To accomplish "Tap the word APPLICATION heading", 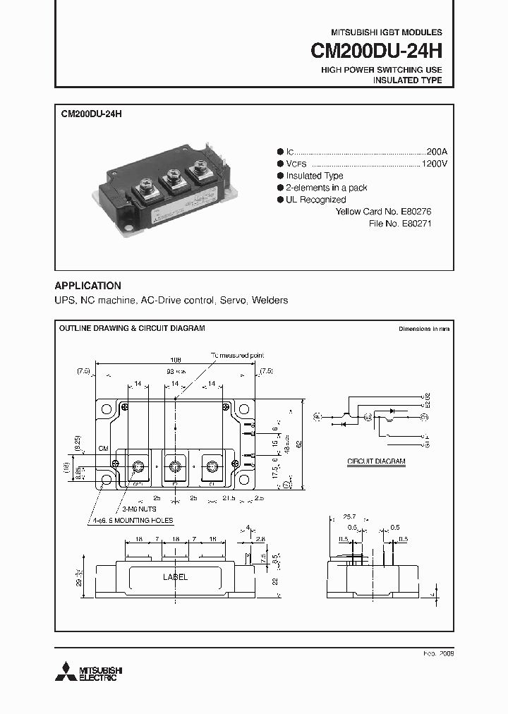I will point(87,286).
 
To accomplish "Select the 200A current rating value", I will point(436,151).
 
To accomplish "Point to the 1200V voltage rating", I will point(434,163).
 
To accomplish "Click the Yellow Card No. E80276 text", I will point(383,212).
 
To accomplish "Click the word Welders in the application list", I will point(270,301).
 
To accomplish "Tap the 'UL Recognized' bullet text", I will point(315,200).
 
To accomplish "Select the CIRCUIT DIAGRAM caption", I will point(376,461).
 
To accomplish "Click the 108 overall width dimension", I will point(175,359).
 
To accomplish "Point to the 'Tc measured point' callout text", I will point(237,355).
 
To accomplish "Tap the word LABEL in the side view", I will point(175,577).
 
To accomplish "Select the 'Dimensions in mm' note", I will point(423,329).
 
